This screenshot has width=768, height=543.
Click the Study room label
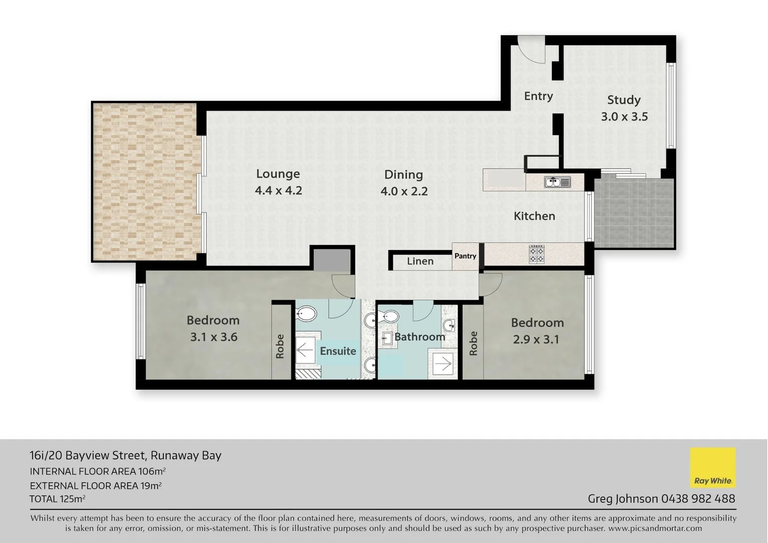click(x=624, y=100)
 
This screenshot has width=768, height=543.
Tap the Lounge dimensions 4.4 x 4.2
click(x=278, y=191)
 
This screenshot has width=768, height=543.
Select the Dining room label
click(x=404, y=174)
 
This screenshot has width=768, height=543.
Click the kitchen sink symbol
click(x=557, y=182)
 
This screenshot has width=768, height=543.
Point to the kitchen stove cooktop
click(x=537, y=254)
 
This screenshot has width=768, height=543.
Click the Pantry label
click(x=465, y=256)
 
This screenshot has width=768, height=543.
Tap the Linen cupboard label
click(x=420, y=261)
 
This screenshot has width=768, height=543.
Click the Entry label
click(x=538, y=96)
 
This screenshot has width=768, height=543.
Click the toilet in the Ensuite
click(x=306, y=315)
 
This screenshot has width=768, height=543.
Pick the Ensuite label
click(x=338, y=351)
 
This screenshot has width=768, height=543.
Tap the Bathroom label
click(x=420, y=337)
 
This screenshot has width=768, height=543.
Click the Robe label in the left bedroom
click(x=280, y=346)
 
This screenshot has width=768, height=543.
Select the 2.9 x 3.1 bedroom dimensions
click(x=536, y=339)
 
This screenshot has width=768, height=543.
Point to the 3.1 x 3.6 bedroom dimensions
click(x=214, y=337)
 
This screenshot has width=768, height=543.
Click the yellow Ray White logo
click(x=713, y=468)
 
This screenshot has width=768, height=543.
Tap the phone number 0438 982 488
click(x=698, y=499)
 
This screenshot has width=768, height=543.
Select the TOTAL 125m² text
click(x=57, y=499)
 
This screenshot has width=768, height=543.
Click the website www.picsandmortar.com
click(x=655, y=528)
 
